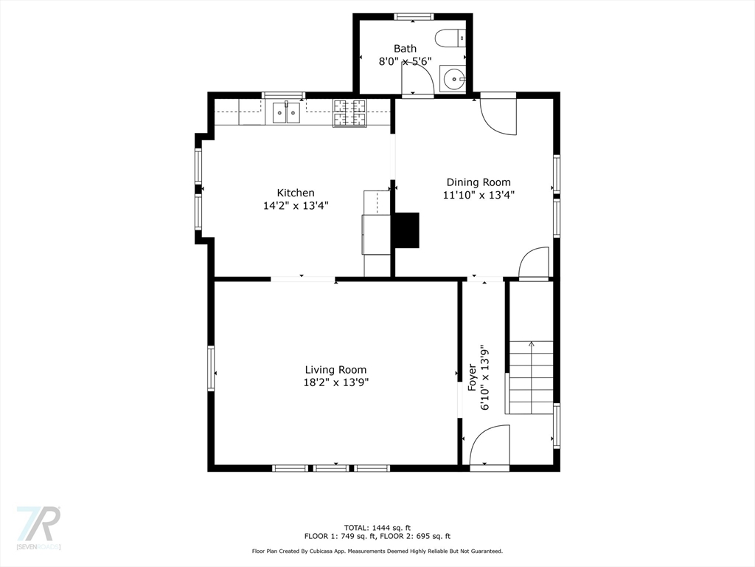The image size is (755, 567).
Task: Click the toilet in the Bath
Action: (x=450, y=38)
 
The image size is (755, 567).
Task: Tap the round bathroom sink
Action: (x=454, y=78)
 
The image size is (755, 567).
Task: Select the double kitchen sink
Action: (x=286, y=113)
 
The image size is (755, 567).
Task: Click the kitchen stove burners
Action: (x=349, y=113)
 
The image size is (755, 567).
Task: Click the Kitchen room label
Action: (x=296, y=193)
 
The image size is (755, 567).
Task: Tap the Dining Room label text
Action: (x=479, y=182)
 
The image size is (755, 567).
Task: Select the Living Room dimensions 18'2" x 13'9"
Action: (x=335, y=383)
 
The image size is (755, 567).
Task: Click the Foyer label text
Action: (x=473, y=377)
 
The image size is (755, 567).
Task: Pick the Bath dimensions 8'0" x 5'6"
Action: (x=405, y=61)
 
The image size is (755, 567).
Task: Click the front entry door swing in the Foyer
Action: (x=490, y=444)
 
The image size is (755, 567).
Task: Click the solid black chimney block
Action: (x=407, y=230)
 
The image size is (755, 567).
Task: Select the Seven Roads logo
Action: (x=38, y=527)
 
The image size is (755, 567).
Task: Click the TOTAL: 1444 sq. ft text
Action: (x=377, y=528)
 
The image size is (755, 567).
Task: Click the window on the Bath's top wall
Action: (x=414, y=17)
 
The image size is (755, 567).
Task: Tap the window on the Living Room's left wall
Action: (x=211, y=368)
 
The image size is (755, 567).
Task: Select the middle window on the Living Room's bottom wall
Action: (x=331, y=468)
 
